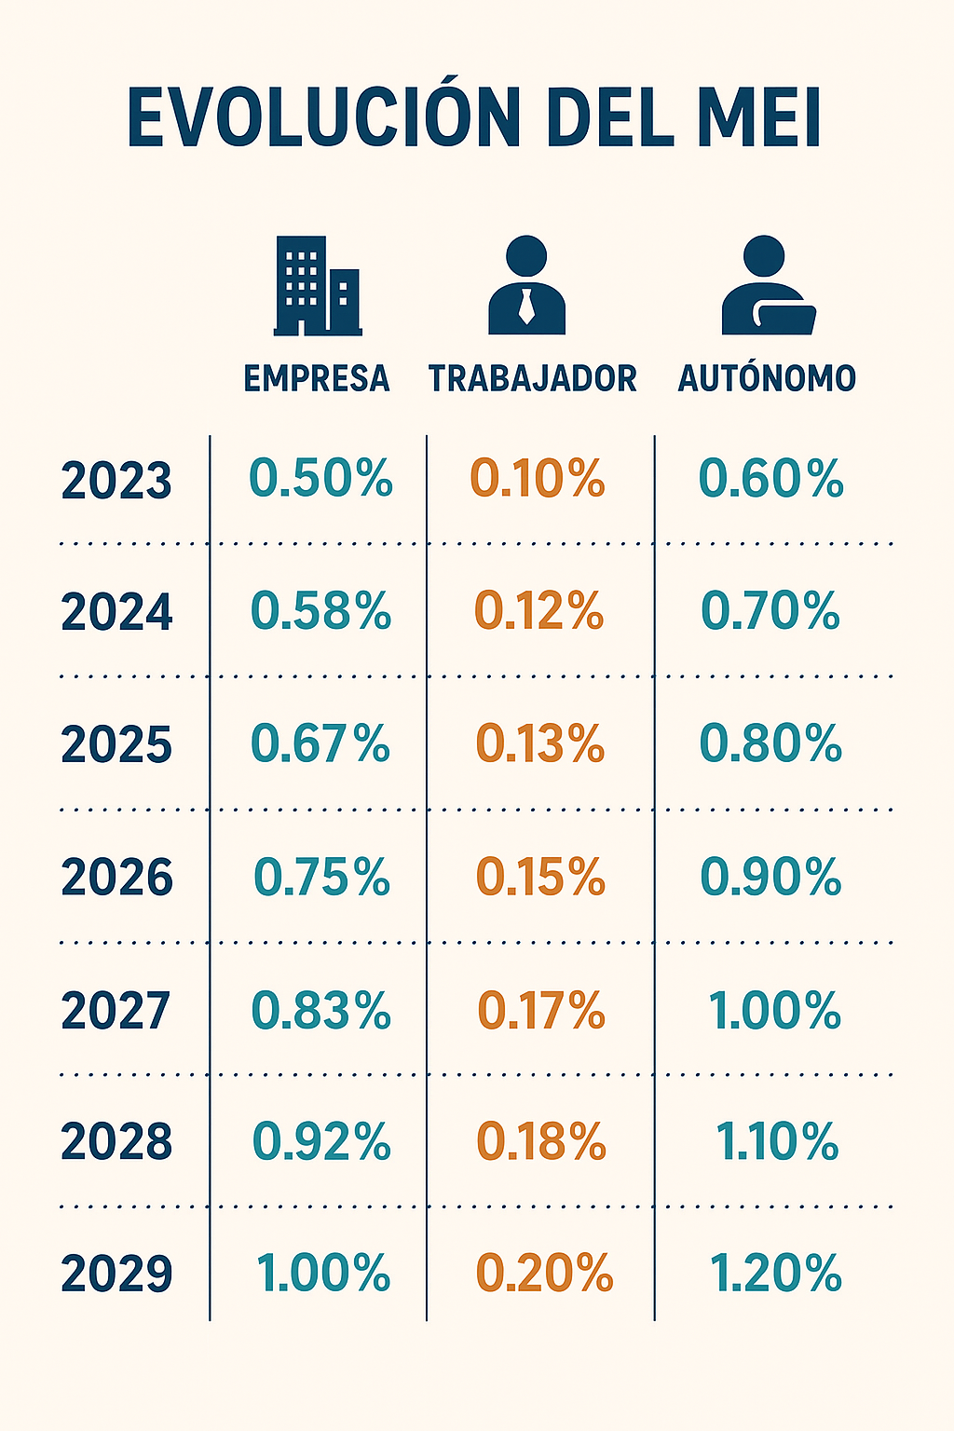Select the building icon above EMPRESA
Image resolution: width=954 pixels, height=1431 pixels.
[317, 286]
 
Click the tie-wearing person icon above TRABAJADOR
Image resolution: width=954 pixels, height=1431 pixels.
[526, 285]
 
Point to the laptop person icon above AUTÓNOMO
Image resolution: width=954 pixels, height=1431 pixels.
[768, 285]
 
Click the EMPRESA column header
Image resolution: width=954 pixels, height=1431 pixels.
[317, 378]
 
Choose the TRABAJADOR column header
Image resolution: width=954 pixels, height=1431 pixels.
[532, 378]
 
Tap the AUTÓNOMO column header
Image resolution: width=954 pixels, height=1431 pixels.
[767, 378]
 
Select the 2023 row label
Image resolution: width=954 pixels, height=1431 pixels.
[116, 481]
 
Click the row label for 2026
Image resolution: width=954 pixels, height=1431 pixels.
[116, 878]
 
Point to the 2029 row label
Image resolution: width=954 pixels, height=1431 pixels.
[116, 1274]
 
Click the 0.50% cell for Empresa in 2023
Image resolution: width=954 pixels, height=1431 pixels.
[320, 478]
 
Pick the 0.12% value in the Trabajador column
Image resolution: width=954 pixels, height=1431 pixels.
[539, 611]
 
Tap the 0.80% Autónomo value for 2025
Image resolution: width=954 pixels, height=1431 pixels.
[770, 743]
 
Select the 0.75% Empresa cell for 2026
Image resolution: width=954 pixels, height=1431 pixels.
[321, 877]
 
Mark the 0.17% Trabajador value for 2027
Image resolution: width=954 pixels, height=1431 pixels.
[541, 1010]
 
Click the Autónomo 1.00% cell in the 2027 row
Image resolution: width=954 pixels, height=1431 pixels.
[774, 1010]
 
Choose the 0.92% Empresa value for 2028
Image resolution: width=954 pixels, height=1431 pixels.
[321, 1141]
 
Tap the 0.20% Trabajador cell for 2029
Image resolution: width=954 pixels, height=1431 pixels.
[544, 1274]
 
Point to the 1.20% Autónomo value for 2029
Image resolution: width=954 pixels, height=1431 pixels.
[775, 1274]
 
